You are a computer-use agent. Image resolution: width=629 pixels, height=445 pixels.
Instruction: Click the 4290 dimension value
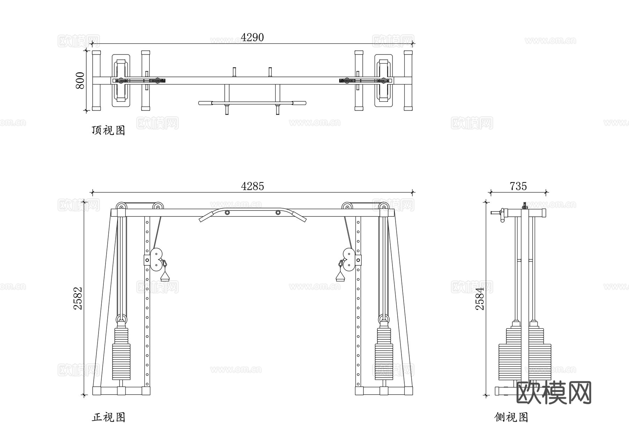click(252, 37)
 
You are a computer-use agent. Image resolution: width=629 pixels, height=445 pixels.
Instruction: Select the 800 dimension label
click(80, 80)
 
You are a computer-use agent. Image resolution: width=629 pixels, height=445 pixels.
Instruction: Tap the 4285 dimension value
click(252, 186)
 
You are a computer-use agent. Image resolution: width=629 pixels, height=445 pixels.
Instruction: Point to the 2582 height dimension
click(78, 298)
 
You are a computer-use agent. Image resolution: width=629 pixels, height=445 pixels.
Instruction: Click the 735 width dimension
click(518, 186)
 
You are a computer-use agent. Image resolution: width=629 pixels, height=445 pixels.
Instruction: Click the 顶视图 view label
click(108, 130)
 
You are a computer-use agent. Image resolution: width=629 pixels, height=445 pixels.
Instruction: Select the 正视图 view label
click(108, 417)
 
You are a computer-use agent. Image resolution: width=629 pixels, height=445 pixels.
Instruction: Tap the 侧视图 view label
click(511, 417)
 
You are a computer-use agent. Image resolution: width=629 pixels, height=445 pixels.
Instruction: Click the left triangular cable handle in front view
click(165, 277)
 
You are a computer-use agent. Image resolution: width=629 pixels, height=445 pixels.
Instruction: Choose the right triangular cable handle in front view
click(340, 277)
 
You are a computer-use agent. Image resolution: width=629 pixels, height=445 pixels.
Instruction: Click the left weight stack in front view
click(121, 353)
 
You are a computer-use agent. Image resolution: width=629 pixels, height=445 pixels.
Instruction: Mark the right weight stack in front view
click(384, 353)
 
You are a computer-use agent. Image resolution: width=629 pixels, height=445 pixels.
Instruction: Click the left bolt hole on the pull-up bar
click(227, 213)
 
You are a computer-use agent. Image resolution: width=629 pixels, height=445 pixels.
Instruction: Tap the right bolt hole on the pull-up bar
click(278, 213)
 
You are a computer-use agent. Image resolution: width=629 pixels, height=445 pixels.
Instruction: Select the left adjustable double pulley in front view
click(156, 259)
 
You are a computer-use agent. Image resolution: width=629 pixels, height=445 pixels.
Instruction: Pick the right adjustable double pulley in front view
click(349, 259)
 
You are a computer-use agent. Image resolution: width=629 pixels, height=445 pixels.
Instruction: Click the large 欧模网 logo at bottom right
click(554, 393)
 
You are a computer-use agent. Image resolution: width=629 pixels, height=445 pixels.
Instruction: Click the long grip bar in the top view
click(252, 103)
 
